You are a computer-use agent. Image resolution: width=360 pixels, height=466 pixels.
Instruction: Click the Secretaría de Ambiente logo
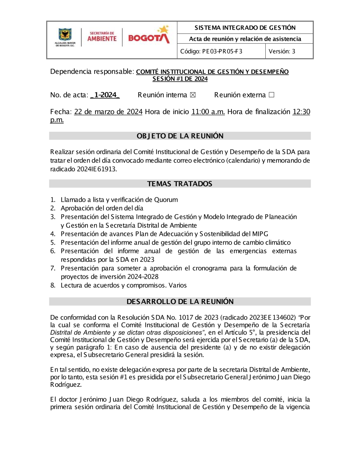pos(102,37)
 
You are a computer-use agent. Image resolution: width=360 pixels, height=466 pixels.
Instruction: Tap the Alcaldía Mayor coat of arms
pos(65,37)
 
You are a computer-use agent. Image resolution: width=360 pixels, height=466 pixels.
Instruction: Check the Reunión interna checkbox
pos(193,95)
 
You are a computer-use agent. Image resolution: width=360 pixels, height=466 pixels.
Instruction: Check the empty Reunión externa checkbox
pos(271,95)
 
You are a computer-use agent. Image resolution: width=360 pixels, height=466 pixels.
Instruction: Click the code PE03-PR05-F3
pos(211,51)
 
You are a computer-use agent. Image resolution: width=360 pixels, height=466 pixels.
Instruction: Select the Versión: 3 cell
pos(282,51)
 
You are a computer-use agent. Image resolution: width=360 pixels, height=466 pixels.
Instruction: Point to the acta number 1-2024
pos(105,95)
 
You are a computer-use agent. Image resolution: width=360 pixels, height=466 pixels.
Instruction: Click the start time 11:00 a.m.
pos(208,112)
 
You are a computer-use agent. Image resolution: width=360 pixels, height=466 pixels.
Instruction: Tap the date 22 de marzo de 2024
pos(108,112)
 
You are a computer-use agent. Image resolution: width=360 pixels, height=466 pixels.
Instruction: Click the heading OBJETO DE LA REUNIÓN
pos(180,136)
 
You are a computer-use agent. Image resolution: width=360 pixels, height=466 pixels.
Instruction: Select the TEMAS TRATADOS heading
pos(180,184)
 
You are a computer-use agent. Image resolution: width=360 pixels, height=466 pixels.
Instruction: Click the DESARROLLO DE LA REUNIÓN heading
pos(180,302)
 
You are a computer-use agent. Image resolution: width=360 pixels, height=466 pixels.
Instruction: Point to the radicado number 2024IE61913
pos(97,169)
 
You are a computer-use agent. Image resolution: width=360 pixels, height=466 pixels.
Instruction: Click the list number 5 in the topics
pos(53,243)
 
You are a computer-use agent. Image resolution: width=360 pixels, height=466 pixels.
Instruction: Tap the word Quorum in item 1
pos(166,200)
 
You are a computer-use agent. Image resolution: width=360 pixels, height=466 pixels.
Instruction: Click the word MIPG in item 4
pos(260,234)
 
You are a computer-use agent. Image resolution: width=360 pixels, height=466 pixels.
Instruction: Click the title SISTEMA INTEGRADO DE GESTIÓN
pos(245,28)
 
